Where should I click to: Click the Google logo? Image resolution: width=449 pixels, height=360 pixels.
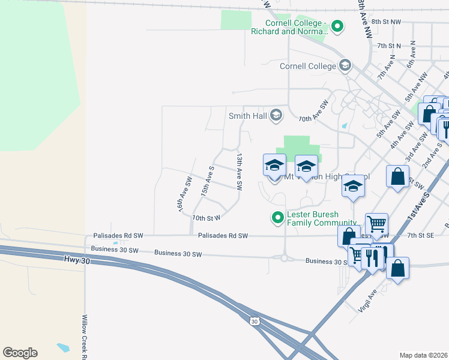click(x=20, y=353)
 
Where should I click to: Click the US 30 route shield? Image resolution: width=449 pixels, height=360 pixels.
click(x=255, y=322)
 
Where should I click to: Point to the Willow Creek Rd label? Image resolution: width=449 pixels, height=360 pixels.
click(x=85, y=337)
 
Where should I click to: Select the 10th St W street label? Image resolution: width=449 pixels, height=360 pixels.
click(x=206, y=217)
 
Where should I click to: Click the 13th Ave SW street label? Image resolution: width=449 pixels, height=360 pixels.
click(x=239, y=172)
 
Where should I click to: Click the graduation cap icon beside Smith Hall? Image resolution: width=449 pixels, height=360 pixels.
click(x=276, y=115)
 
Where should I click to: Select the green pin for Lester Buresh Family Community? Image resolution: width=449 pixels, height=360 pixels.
click(x=277, y=218)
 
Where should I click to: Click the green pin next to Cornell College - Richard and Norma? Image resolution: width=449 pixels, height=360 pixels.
click(x=337, y=26)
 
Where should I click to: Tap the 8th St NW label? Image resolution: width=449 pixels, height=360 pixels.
click(x=385, y=22)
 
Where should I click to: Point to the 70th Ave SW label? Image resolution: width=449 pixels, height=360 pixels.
click(x=314, y=112)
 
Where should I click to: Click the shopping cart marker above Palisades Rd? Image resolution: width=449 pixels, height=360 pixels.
click(x=376, y=223)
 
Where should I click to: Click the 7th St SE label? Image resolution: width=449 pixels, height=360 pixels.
click(x=420, y=236)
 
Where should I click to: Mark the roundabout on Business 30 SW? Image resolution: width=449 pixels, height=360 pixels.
click(x=284, y=259)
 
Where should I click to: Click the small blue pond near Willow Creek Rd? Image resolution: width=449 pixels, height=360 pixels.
click(x=62, y=347)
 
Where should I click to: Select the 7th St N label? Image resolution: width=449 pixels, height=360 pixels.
click(x=388, y=46)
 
